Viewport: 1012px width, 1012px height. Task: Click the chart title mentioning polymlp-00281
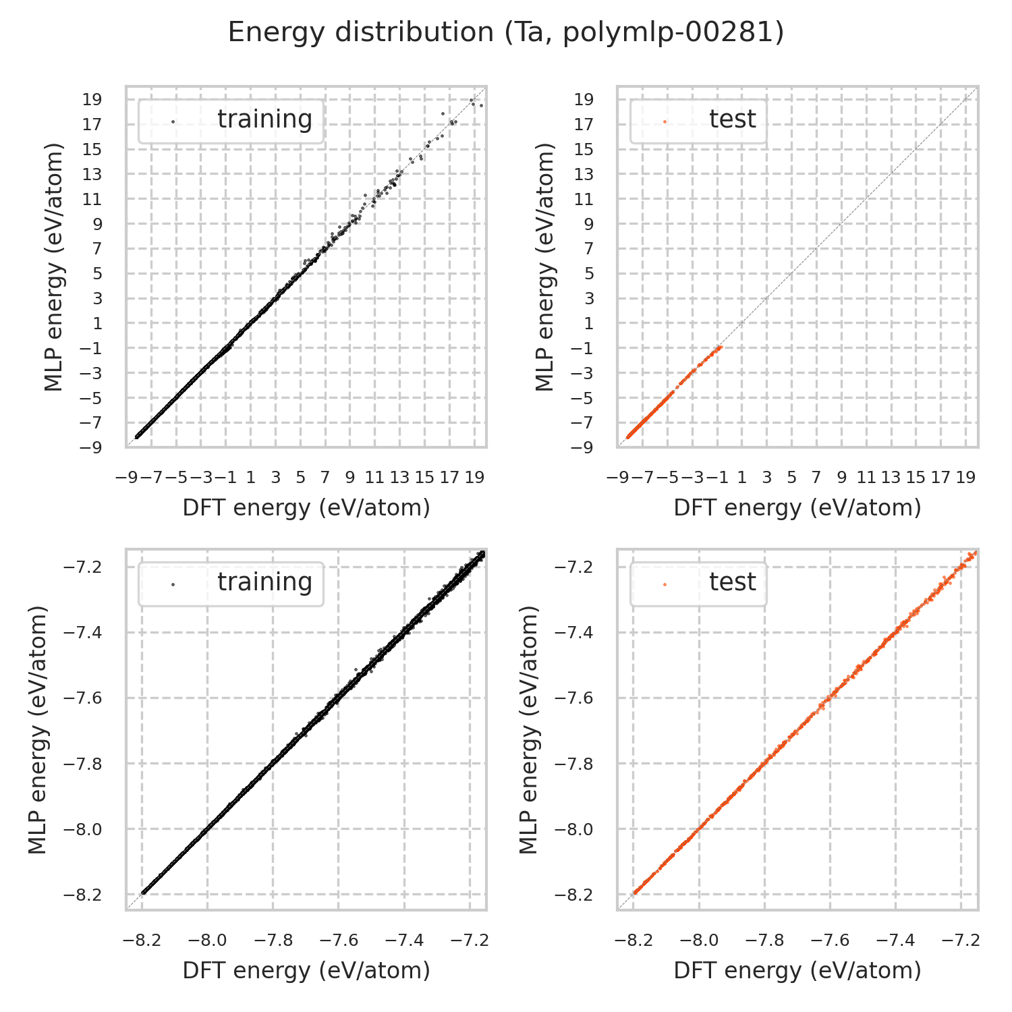coord(505,32)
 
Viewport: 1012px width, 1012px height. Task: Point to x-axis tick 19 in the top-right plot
coord(965,478)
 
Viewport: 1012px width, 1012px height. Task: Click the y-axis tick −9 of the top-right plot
coord(584,447)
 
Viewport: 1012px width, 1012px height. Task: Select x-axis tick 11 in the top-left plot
coord(374,478)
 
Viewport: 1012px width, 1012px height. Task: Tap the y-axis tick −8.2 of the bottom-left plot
coord(83,895)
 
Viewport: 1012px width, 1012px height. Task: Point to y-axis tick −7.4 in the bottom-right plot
coord(574,632)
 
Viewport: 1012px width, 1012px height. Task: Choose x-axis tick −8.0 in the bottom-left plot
coord(208,940)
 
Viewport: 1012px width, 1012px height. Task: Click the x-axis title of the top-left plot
coord(306,508)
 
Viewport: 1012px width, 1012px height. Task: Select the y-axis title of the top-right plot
coord(545,266)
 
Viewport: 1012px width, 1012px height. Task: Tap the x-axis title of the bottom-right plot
coord(797,971)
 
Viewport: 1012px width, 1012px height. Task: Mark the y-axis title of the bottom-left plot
coord(39,729)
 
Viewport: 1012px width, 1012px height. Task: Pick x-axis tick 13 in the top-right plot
coord(891,478)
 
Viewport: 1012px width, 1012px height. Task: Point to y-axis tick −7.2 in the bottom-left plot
coord(83,567)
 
